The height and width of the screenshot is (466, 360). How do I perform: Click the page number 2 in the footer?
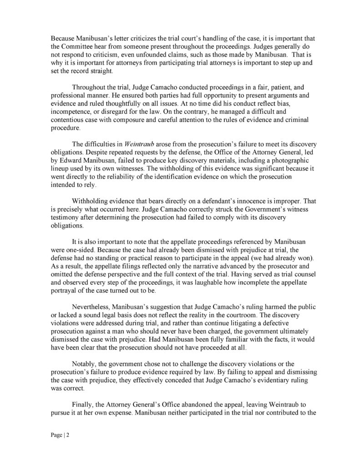coord(66,435)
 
